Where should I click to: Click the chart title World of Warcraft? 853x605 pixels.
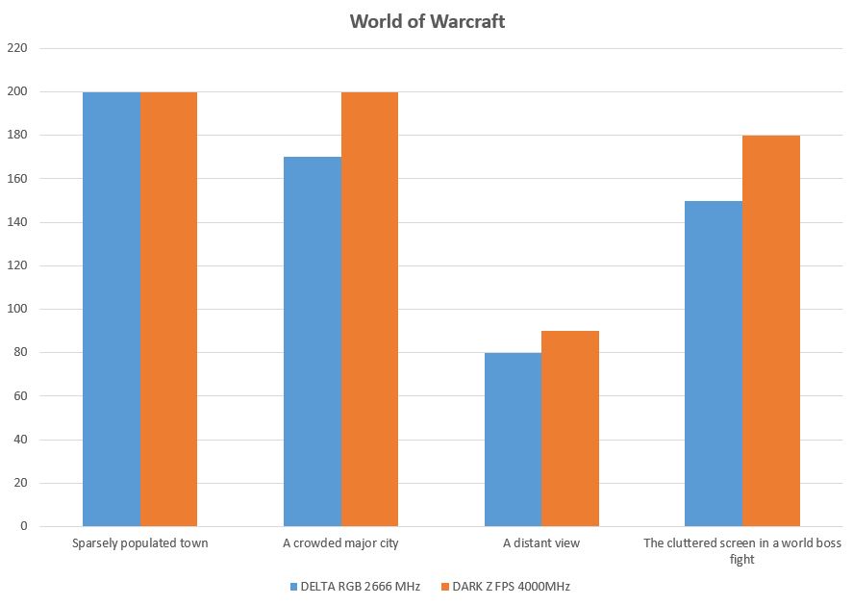pyautogui.click(x=427, y=21)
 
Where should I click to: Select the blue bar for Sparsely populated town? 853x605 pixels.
pyautogui.click(x=112, y=309)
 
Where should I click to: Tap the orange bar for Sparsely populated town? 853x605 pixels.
pyautogui.click(x=169, y=309)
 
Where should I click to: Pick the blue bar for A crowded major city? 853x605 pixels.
pyautogui.click(x=313, y=341)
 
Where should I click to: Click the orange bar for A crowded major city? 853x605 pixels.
pyautogui.click(x=370, y=309)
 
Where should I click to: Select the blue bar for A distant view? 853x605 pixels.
pyautogui.click(x=513, y=440)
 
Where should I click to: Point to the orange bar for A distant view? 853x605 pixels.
pyautogui.click(x=570, y=429)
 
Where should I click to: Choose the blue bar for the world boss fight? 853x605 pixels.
pyautogui.click(x=714, y=364)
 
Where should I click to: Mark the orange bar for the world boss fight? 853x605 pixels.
pyautogui.click(x=771, y=331)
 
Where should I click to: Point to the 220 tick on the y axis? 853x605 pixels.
pyautogui.click(x=19, y=48)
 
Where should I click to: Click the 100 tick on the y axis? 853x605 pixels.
pyautogui.click(x=19, y=310)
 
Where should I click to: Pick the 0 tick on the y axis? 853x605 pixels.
pyautogui.click(x=25, y=527)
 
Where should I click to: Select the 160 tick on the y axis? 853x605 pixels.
pyautogui.click(x=19, y=179)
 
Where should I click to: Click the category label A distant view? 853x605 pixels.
pyautogui.click(x=541, y=543)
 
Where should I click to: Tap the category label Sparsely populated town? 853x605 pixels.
pyautogui.click(x=140, y=543)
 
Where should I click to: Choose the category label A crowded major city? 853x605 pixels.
pyautogui.click(x=340, y=543)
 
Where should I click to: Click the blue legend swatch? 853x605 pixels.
pyautogui.click(x=293, y=586)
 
